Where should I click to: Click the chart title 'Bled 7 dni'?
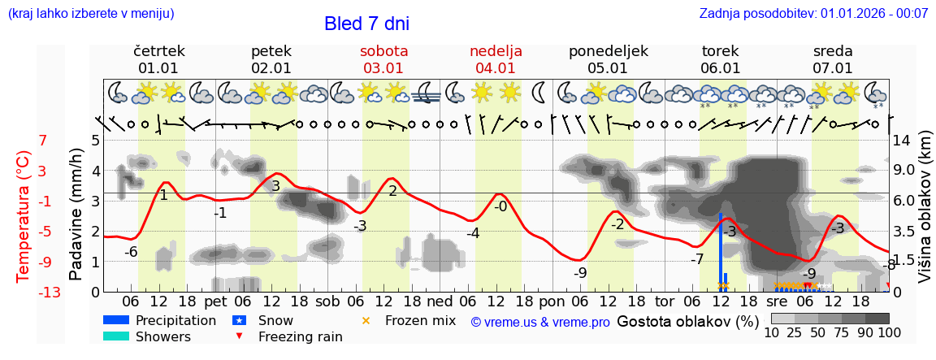366,24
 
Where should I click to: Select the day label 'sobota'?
383,51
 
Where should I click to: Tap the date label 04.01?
496,68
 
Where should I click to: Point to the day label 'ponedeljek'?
608,51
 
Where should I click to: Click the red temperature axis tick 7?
43,141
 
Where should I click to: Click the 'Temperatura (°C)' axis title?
24,215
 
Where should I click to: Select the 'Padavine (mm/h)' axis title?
76,215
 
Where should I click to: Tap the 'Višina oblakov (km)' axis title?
924,215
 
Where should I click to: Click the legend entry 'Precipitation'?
175,320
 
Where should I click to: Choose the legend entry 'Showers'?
163,336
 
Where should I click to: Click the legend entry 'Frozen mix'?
420,320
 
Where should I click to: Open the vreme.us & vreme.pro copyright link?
539,322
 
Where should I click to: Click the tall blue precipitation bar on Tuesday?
721,248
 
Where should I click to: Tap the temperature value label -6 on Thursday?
131,252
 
